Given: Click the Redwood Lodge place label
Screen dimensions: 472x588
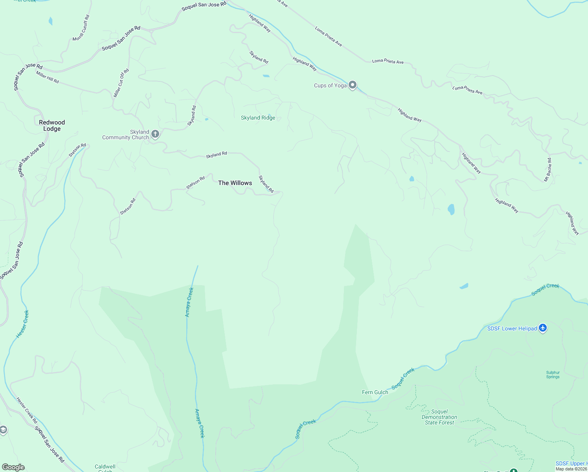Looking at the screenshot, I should pyautogui.click(x=52, y=125).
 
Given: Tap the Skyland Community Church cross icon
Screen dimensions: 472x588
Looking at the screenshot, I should pyautogui.click(x=155, y=135).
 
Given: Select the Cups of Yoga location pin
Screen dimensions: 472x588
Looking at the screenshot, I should pyautogui.click(x=353, y=85).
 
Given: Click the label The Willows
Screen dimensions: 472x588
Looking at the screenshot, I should pyautogui.click(x=235, y=183).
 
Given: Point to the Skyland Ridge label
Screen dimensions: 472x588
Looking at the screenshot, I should pyautogui.click(x=258, y=118).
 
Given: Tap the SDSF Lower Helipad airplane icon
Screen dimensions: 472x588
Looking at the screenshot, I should pyautogui.click(x=543, y=328).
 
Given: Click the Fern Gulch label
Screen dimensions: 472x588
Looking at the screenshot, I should pyautogui.click(x=375, y=392).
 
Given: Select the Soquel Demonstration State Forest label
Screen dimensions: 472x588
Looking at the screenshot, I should pyautogui.click(x=439, y=417).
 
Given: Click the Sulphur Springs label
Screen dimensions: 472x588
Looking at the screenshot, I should pyautogui.click(x=553, y=374).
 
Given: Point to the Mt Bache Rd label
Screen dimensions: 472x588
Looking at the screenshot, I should pyautogui.click(x=548, y=170).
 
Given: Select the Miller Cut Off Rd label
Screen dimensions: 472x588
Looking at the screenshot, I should pyautogui.click(x=121, y=83).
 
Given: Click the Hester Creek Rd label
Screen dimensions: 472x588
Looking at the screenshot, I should pyautogui.click(x=27, y=410).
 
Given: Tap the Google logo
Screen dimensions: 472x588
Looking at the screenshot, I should pyautogui.click(x=13, y=467).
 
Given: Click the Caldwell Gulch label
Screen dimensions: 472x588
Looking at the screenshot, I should pyautogui.click(x=105, y=468).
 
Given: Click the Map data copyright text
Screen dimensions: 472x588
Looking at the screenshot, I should pyautogui.click(x=571, y=469).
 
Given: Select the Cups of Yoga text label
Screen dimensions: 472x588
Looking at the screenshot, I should pyautogui.click(x=330, y=85).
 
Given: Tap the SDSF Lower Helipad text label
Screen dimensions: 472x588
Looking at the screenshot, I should pyautogui.click(x=512, y=328).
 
